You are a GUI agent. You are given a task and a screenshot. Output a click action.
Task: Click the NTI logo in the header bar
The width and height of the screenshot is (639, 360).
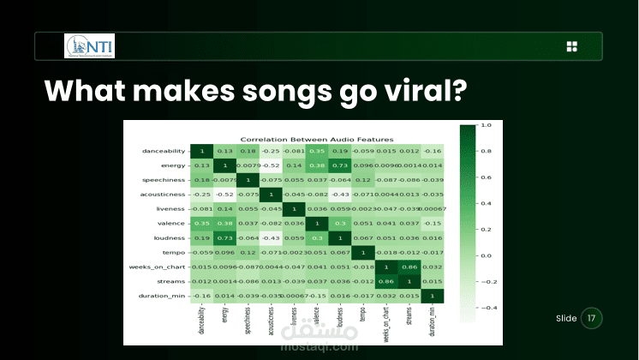(x=89, y=45)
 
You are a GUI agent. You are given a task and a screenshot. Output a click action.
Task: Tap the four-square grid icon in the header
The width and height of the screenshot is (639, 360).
(x=572, y=46)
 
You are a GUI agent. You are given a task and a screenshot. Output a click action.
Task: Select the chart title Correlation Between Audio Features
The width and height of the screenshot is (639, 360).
(x=316, y=139)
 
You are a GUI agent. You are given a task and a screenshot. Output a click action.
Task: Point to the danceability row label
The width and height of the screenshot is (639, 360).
(x=161, y=152)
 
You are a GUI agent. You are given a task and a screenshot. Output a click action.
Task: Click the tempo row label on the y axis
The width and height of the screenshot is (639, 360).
(x=174, y=253)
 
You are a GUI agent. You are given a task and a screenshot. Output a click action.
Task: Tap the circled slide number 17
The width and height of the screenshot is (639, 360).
(x=591, y=318)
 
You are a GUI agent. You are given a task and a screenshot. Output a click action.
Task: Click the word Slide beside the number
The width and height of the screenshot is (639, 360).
(x=566, y=318)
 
